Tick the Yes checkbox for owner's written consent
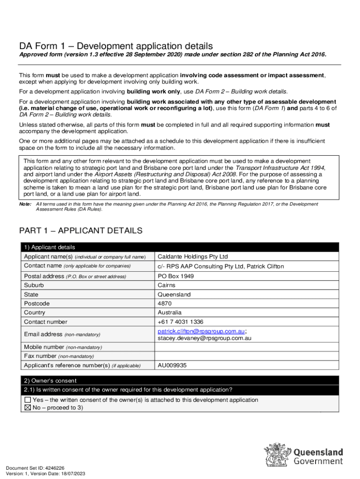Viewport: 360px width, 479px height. click(28, 400)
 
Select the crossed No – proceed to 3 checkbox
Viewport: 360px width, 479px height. click(28, 407)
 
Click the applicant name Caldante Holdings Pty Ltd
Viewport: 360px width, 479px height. click(193, 257)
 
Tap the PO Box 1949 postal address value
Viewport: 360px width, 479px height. click(176, 276)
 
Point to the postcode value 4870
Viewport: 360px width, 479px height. click(165, 304)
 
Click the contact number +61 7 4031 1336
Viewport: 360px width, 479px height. click(180, 322)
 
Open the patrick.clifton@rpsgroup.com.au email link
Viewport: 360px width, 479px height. click(201, 331)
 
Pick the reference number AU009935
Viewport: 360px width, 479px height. click(173, 365)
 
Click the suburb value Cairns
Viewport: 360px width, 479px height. click(166, 285)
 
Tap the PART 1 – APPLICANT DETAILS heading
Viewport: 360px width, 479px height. click(80, 231)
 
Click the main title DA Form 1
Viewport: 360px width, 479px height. click(115, 46)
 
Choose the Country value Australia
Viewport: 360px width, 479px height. click(170, 312)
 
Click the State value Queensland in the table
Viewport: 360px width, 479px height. click(174, 295)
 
